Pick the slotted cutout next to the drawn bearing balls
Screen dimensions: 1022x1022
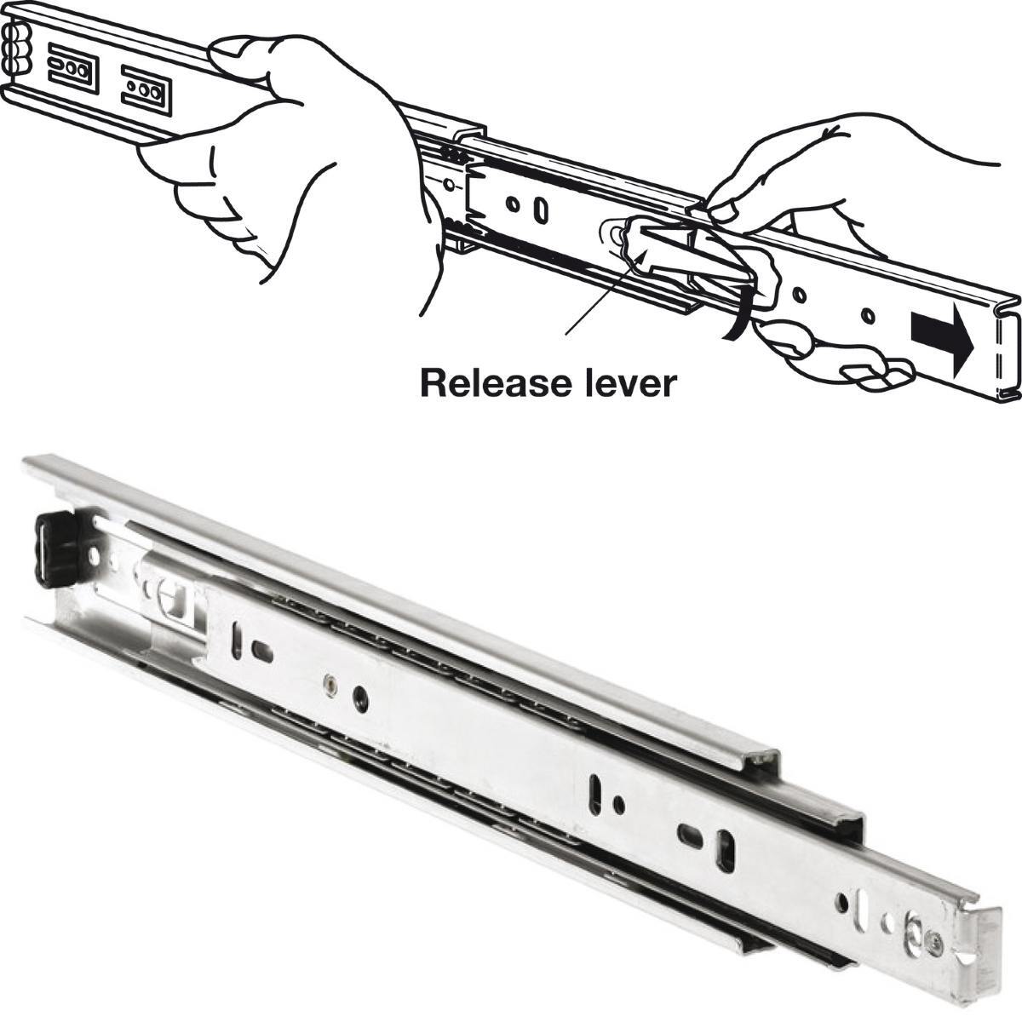point(73,67)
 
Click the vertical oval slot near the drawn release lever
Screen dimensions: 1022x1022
point(541,211)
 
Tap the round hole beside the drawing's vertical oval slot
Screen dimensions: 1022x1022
point(513,204)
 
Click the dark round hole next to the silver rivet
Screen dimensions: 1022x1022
point(361,698)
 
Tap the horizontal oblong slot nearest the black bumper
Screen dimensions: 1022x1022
point(262,651)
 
